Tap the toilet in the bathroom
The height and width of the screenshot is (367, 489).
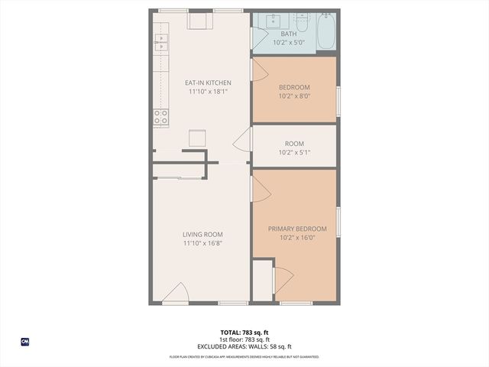(301, 24)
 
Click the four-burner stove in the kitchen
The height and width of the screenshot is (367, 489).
(161, 117)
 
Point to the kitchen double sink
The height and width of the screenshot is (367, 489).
(161, 41)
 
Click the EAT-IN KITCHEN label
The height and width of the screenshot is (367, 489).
(208, 83)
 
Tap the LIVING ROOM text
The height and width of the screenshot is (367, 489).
(202, 235)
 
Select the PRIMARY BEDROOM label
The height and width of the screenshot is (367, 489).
(297, 229)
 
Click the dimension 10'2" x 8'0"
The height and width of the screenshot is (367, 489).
(294, 96)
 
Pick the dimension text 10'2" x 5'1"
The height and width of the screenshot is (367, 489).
(294, 152)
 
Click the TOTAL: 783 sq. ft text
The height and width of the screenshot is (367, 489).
(244, 332)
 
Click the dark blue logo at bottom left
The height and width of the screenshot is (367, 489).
(24, 341)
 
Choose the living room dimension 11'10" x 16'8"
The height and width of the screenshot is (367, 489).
(202, 243)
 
